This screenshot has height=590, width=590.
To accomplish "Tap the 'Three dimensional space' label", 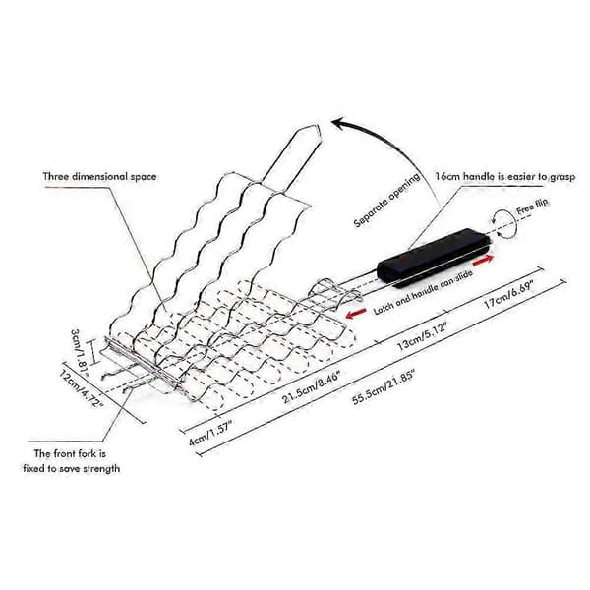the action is click(99, 177).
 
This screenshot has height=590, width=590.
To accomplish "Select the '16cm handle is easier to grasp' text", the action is click(505, 176).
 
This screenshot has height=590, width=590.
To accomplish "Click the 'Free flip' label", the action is click(532, 206).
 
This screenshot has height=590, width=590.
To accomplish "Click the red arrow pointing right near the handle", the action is click(483, 260).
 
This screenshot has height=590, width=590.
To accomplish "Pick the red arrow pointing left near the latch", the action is click(356, 313).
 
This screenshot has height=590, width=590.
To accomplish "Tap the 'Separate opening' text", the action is click(386, 201).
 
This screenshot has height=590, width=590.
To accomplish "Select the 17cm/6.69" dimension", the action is click(509, 294).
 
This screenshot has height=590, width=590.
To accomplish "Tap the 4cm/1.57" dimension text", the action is click(210, 433).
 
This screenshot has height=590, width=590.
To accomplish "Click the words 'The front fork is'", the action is click(70, 453).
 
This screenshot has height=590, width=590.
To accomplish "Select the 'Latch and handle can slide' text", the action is click(423, 292).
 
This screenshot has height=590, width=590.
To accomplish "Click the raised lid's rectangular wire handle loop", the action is click(292, 158).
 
